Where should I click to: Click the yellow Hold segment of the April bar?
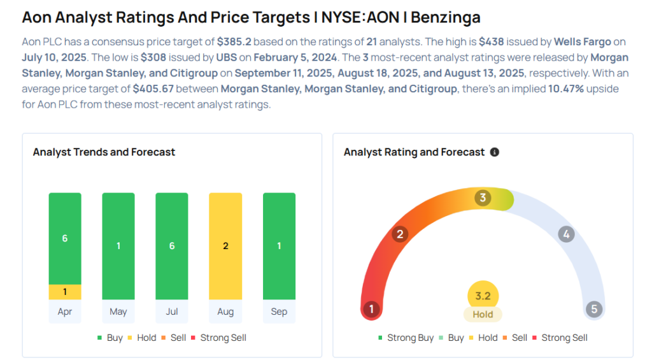(x=65, y=292)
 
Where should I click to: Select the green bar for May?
(x=118, y=246)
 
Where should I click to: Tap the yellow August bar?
(x=225, y=246)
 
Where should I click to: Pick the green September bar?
(x=279, y=246)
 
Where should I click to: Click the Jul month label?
(x=172, y=312)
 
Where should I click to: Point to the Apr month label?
(x=65, y=312)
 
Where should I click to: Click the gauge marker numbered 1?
(x=371, y=310)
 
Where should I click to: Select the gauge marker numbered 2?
(x=400, y=234)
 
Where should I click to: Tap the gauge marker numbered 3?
(x=483, y=198)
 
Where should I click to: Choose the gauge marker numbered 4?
(x=565, y=234)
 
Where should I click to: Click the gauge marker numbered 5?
(x=594, y=310)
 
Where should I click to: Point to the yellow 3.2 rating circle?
(x=483, y=296)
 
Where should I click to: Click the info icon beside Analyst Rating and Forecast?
(x=495, y=152)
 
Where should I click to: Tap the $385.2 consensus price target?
(x=234, y=42)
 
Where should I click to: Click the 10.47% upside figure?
(x=566, y=89)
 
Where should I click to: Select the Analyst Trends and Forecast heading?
(x=104, y=152)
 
